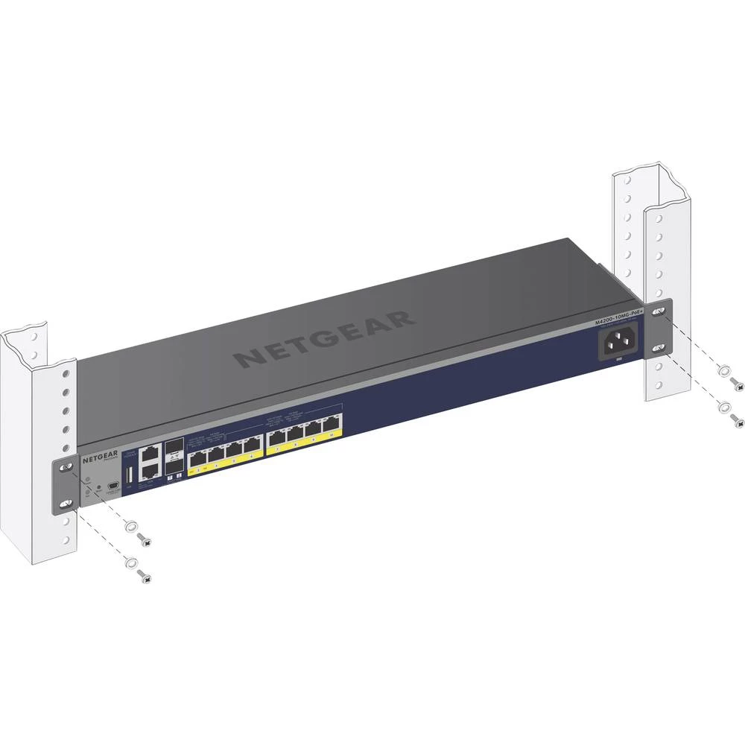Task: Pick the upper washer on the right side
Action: (721, 371)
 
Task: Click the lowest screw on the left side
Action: (146, 576)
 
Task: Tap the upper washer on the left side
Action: (131, 526)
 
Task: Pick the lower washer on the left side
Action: (131, 562)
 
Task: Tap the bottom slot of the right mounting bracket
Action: (659, 347)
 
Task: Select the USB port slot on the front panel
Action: (130, 475)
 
